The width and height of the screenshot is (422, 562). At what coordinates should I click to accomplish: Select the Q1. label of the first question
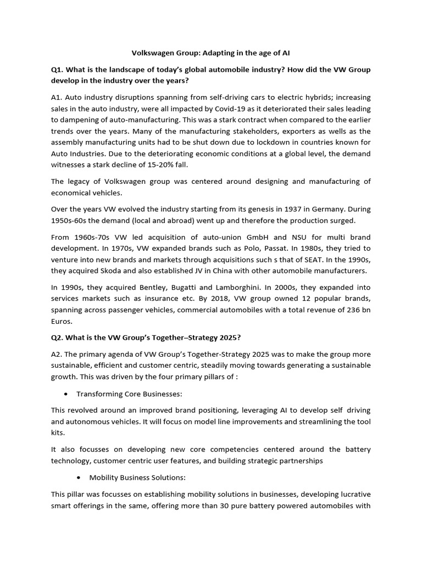pos(58,70)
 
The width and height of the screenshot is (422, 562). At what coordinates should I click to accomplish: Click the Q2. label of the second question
pos(58,338)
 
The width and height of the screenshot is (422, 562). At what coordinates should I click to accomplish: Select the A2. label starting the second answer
pos(58,355)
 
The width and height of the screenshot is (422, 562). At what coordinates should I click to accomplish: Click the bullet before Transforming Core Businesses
pos(66,394)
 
